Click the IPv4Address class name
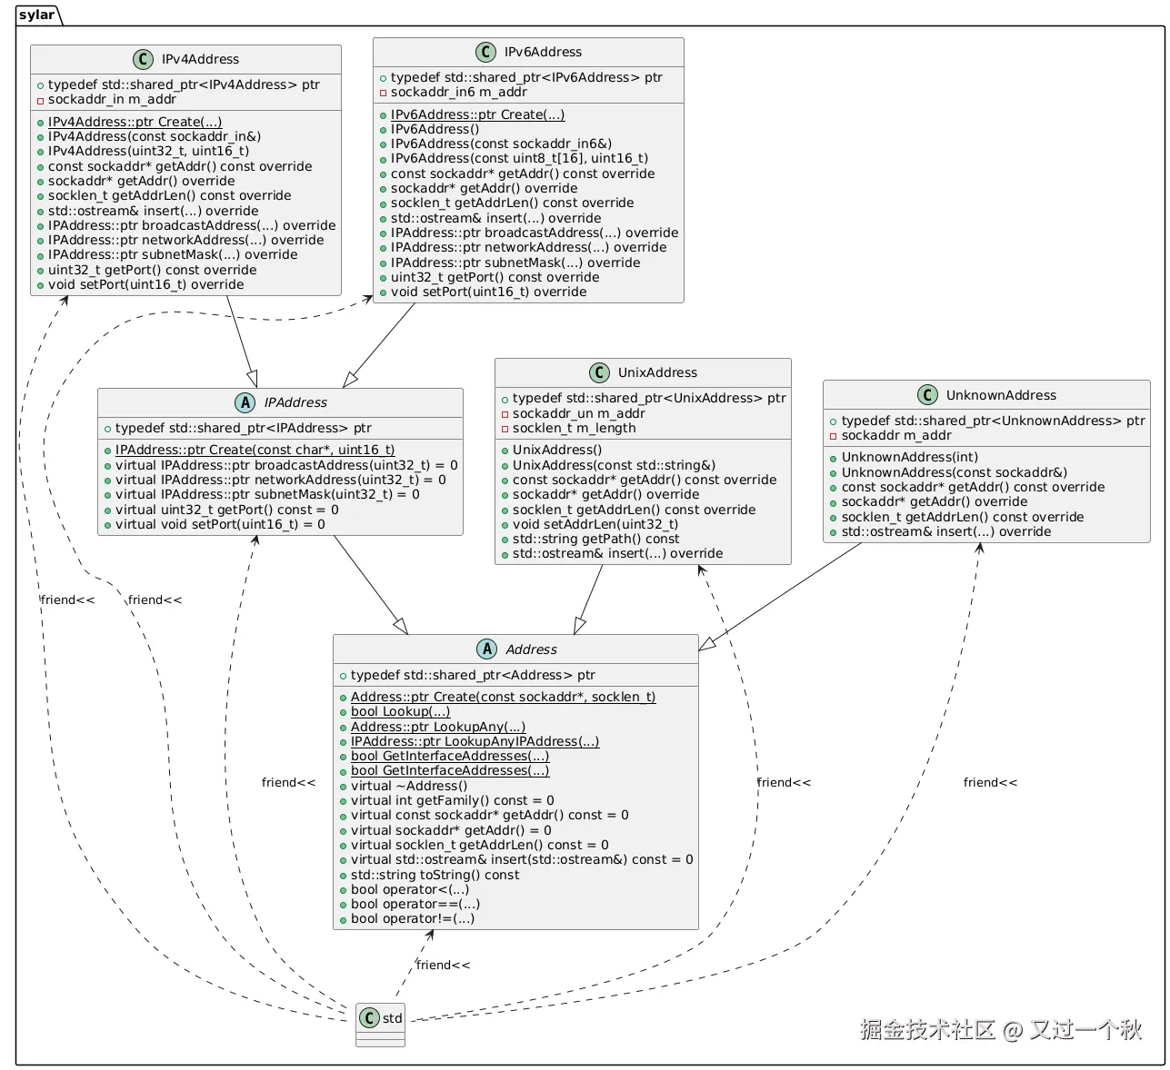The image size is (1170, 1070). tap(200, 59)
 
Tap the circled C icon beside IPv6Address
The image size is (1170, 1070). tap(485, 52)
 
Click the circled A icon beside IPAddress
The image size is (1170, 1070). tap(245, 402)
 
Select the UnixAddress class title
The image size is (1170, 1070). tap(657, 372)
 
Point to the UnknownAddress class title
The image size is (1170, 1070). tap(1001, 395)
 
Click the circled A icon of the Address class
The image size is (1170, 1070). tap(486, 649)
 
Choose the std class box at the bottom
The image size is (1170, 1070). tap(381, 1024)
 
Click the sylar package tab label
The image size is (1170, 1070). tap(36, 15)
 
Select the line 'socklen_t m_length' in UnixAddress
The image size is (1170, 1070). tap(574, 428)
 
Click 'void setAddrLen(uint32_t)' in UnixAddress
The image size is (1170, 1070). tap(595, 524)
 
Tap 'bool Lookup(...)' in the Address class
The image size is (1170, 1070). tap(400, 711)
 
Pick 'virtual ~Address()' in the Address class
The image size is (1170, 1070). tap(409, 786)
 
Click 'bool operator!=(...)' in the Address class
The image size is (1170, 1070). tap(413, 918)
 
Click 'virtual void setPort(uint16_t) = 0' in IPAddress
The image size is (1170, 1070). tap(220, 524)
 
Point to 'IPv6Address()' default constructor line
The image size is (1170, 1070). tap(435, 129)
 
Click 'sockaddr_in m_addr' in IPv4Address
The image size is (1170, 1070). tap(112, 99)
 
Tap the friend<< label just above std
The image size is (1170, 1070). tap(443, 965)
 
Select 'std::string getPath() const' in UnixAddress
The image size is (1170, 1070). tap(595, 539)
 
